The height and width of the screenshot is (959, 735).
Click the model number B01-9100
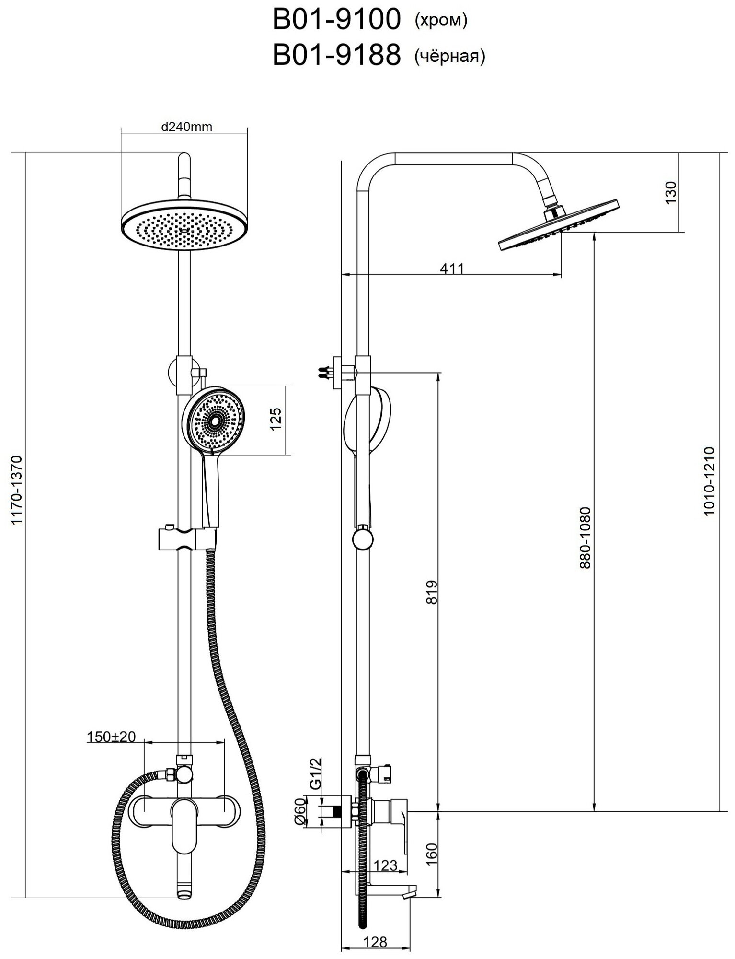point(336,21)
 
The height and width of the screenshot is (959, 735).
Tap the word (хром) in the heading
point(439,21)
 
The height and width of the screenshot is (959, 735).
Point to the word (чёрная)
point(449,57)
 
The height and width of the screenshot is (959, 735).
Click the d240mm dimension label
point(186,127)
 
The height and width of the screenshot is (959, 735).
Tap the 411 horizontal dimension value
point(451,269)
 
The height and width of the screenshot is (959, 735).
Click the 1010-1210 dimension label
point(710,481)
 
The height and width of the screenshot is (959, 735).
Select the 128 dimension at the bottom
point(375,928)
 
